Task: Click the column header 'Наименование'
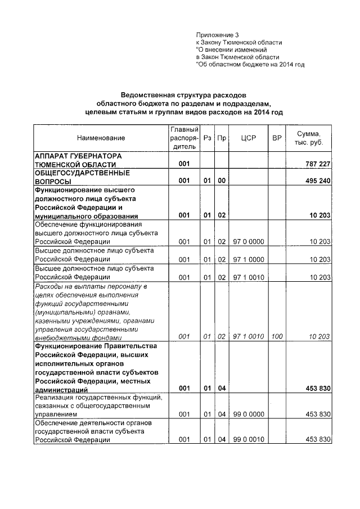[101, 138]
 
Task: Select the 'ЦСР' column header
[248, 138]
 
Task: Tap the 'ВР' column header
[276, 138]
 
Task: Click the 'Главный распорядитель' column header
[183, 138]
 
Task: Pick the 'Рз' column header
[208, 138]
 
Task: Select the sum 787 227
[316, 164]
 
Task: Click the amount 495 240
[316, 181]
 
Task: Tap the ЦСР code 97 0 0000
[248, 242]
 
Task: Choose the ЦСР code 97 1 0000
[248, 259]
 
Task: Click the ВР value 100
[276, 337]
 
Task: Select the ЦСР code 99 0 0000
[248, 415]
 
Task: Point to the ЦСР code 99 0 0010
[248, 440]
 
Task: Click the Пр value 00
[222, 181]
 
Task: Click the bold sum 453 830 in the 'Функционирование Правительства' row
[316, 389]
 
